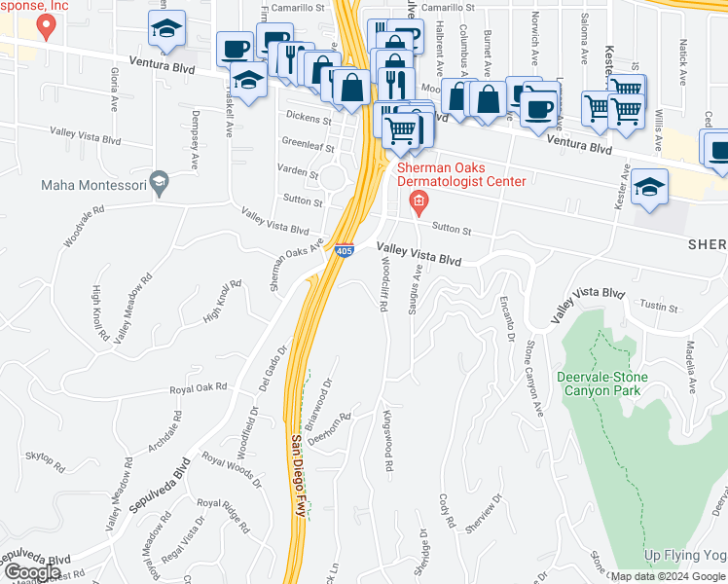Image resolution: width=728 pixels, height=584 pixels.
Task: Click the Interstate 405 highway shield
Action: [x=345, y=250]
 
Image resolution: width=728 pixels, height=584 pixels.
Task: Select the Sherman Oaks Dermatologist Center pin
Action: [x=419, y=202]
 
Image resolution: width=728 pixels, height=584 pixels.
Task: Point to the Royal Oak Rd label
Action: [x=198, y=387]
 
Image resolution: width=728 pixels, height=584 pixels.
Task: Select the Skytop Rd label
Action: [x=44, y=461]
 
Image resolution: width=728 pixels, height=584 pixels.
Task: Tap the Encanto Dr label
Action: [x=506, y=317]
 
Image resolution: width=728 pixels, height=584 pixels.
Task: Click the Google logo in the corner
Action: [x=33, y=572]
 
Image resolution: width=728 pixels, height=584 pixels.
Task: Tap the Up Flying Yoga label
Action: [x=685, y=554]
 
